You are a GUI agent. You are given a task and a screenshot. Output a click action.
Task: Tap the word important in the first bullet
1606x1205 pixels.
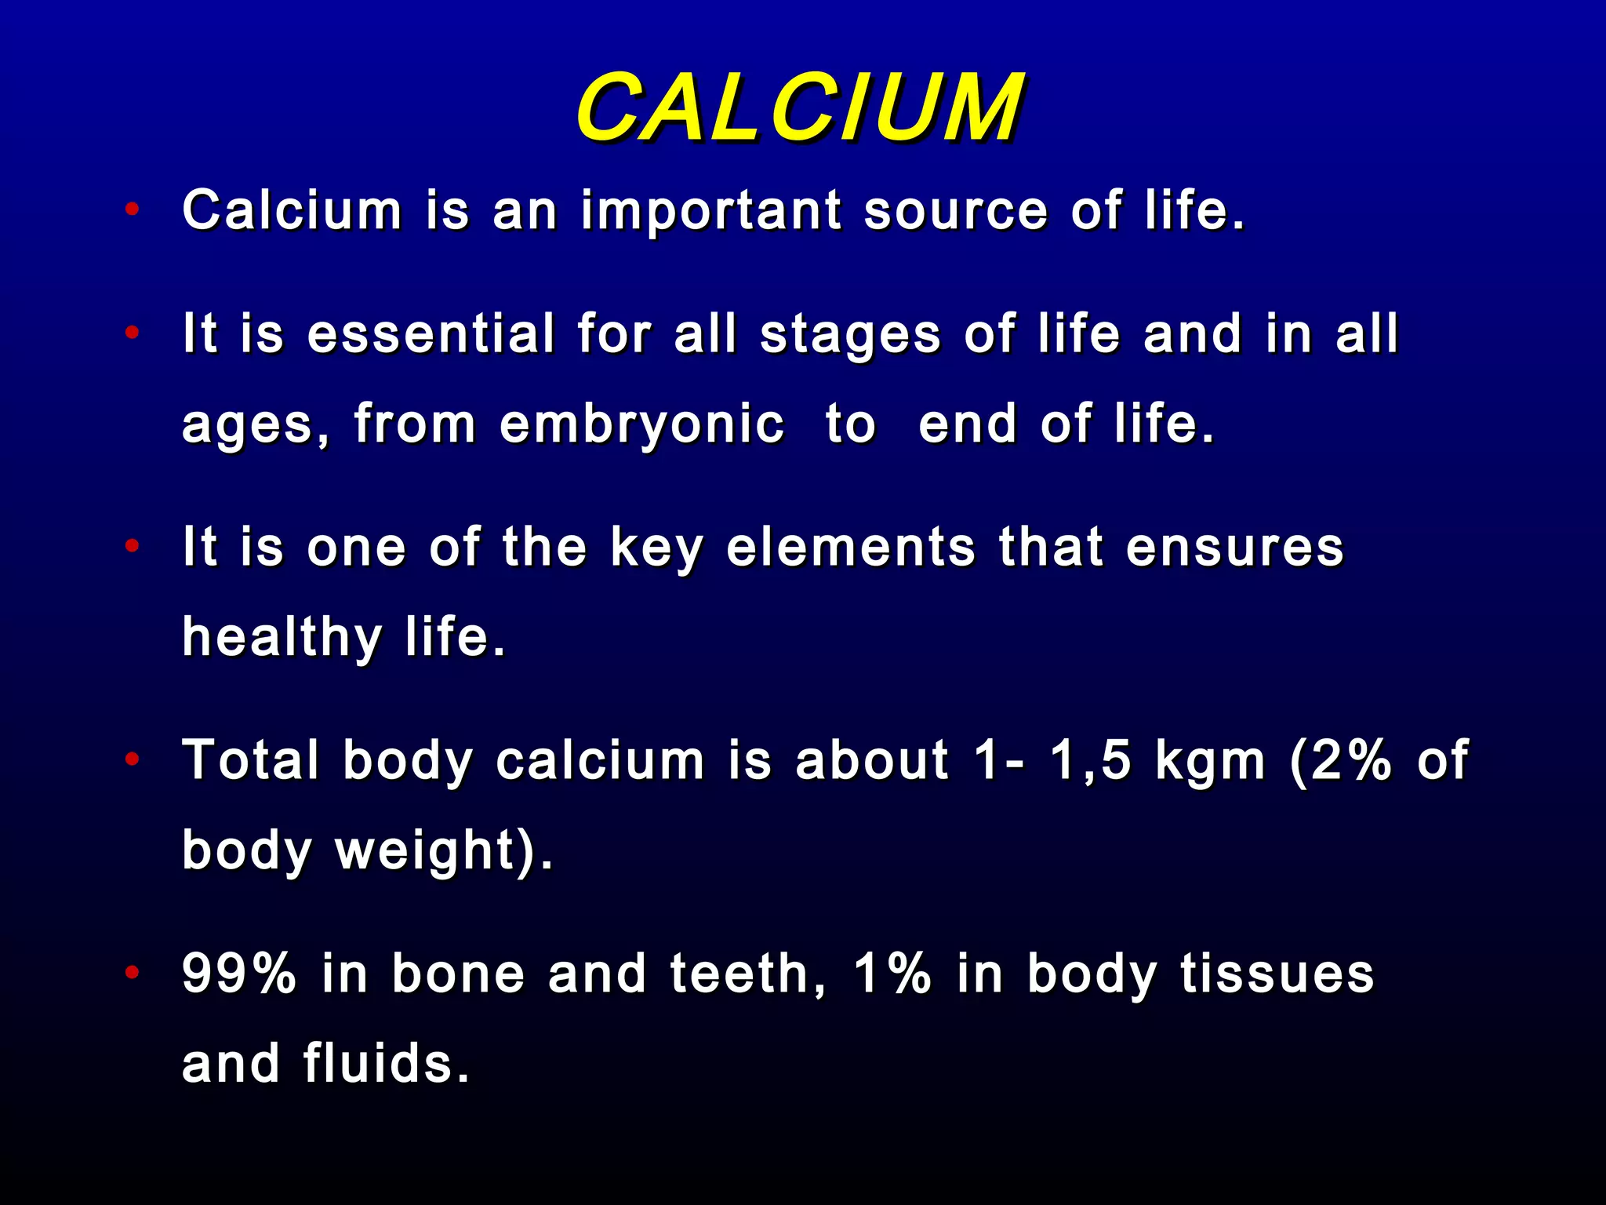(711, 211)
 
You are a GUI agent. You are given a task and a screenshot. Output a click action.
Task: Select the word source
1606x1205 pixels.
(955, 211)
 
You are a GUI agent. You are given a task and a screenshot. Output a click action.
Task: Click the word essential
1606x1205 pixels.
(431, 333)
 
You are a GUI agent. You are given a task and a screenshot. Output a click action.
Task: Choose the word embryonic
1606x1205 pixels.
(641, 424)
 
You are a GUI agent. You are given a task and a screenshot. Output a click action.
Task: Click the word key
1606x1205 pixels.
(657, 548)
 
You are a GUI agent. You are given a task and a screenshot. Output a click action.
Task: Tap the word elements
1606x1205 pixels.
(851, 547)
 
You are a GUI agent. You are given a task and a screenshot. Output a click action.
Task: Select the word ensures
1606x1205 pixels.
(1235, 547)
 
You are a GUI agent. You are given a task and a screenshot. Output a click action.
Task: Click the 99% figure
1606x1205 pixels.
(239, 974)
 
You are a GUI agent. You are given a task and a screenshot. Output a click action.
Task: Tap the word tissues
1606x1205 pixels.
(1277, 974)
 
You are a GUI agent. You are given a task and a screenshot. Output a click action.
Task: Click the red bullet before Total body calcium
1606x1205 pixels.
(133, 759)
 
